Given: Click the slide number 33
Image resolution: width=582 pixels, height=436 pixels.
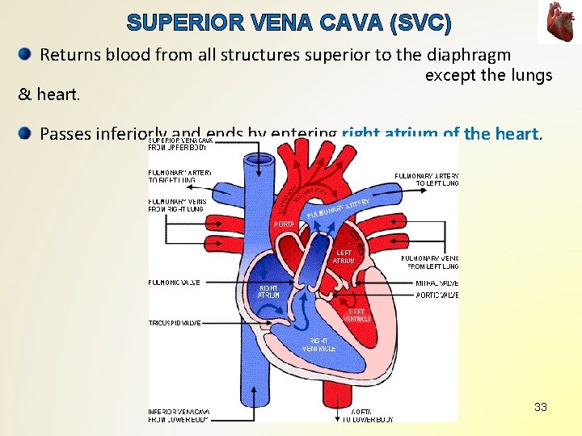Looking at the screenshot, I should (541, 407).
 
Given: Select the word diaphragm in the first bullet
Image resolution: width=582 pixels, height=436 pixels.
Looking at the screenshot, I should (470, 55).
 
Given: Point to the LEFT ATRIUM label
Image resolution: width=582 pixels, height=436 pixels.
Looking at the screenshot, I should (343, 257).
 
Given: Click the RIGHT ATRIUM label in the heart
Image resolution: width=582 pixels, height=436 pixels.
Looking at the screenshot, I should (268, 291).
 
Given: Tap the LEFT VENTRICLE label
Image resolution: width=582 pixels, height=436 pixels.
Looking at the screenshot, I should (356, 315).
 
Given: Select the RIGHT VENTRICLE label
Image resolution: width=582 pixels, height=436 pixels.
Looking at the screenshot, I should (319, 345).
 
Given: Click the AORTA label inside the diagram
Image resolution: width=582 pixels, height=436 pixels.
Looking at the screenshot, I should (284, 224).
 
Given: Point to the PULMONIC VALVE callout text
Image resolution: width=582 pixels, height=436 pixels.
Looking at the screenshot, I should (175, 283).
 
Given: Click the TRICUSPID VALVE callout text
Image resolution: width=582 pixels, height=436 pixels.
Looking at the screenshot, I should (175, 323).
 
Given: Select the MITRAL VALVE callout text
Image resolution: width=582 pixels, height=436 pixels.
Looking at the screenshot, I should (436, 283).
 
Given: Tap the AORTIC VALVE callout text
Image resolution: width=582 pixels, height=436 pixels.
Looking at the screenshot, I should (436, 296).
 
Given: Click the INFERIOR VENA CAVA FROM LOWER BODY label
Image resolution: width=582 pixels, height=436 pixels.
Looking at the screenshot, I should (179, 416).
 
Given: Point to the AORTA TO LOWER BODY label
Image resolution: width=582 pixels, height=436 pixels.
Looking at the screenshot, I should (369, 416).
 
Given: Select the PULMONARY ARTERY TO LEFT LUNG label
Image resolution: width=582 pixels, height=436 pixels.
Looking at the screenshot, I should (426, 179).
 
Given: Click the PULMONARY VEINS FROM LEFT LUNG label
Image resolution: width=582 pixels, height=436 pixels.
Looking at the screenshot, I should (429, 262).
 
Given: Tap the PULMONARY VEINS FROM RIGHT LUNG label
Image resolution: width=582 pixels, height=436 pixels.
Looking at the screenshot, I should (177, 205).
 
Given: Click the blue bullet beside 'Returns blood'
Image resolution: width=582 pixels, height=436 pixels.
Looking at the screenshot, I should (25, 55).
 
